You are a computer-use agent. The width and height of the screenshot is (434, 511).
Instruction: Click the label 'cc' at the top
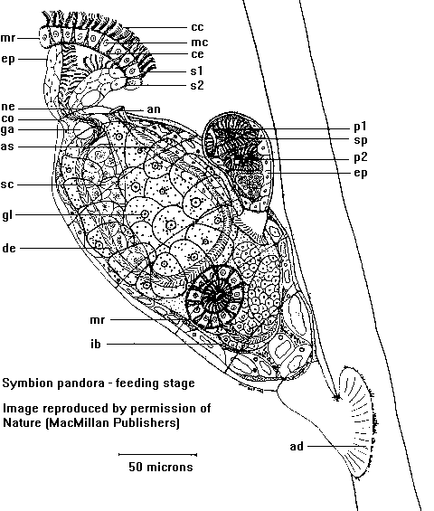(197, 27)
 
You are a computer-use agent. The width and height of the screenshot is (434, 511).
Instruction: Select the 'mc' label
(200, 43)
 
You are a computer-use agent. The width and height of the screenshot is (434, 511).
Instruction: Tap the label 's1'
(197, 71)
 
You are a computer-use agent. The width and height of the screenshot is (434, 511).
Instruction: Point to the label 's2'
(197, 85)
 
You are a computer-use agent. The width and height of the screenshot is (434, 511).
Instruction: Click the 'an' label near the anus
(154, 109)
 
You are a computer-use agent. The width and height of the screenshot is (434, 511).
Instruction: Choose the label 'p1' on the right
(361, 127)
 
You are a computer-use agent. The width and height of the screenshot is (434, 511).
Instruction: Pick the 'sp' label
(361, 140)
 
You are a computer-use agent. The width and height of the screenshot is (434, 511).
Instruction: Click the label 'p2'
(361, 157)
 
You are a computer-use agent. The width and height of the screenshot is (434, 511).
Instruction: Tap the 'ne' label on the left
(8, 107)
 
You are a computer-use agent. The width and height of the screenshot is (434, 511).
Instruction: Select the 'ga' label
(7, 129)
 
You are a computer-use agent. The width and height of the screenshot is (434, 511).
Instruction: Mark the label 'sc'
(7, 185)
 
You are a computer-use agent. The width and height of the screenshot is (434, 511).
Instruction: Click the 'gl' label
(7, 215)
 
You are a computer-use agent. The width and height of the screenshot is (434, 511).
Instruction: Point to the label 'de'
(9, 249)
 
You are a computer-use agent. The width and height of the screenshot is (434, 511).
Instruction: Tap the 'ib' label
(96, 344)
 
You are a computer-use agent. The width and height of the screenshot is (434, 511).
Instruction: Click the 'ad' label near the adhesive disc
(297, 446)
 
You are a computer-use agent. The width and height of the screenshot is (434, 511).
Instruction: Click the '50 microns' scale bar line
(157, 454)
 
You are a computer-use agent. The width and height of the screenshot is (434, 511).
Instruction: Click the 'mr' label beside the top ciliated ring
(8, 38)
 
